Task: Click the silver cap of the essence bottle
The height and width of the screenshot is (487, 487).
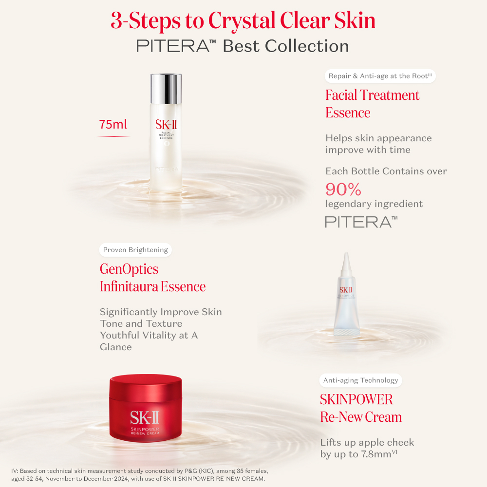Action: pos(166,89)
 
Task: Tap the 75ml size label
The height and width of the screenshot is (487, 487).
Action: pos(113,124)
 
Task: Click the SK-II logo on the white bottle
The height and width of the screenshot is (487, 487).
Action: pos(166,125)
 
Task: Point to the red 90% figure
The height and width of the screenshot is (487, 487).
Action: pos(343,189)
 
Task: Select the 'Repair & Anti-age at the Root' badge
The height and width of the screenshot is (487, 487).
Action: pos(380,76)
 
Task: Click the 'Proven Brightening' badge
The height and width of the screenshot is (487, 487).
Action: pos(135,250)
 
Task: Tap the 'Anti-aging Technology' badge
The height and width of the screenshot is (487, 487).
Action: pos(360,380)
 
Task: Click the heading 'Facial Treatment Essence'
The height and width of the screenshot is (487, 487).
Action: pos(372,104)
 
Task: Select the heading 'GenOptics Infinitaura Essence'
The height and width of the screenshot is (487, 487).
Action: pos(152,278)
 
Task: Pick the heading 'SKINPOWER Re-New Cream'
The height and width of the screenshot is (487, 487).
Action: pos(361,408)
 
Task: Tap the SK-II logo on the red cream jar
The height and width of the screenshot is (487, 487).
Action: pos(145,418)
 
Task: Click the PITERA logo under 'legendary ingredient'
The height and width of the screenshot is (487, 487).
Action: pos(361,222)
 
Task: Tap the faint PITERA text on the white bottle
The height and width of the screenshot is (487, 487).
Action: pos(167,169)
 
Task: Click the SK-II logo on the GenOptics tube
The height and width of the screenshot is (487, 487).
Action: pos(346,290)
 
